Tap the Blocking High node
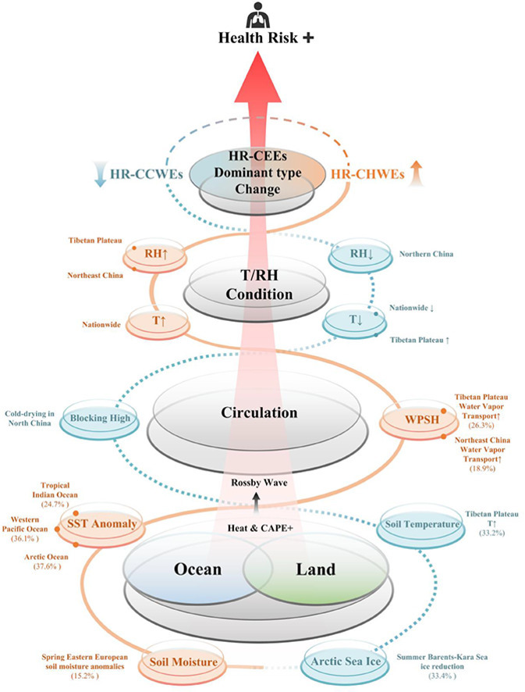coord(92,418)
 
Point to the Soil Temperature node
coord(421,524)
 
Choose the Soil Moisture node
coord(179,664)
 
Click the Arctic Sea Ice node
coord(342,664)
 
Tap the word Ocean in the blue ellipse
coord(195,569)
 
